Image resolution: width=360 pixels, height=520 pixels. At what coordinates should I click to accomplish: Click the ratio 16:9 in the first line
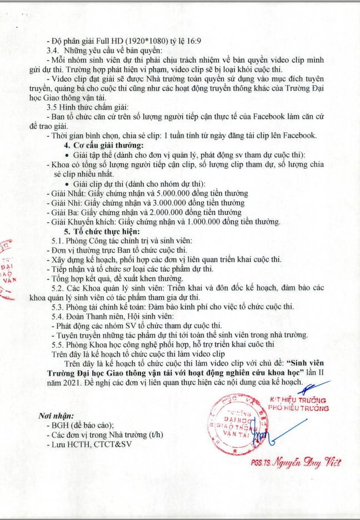209,39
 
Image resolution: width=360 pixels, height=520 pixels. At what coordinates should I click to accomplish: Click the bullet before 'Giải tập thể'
67,155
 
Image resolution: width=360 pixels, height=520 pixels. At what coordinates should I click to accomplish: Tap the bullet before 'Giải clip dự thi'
67,184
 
